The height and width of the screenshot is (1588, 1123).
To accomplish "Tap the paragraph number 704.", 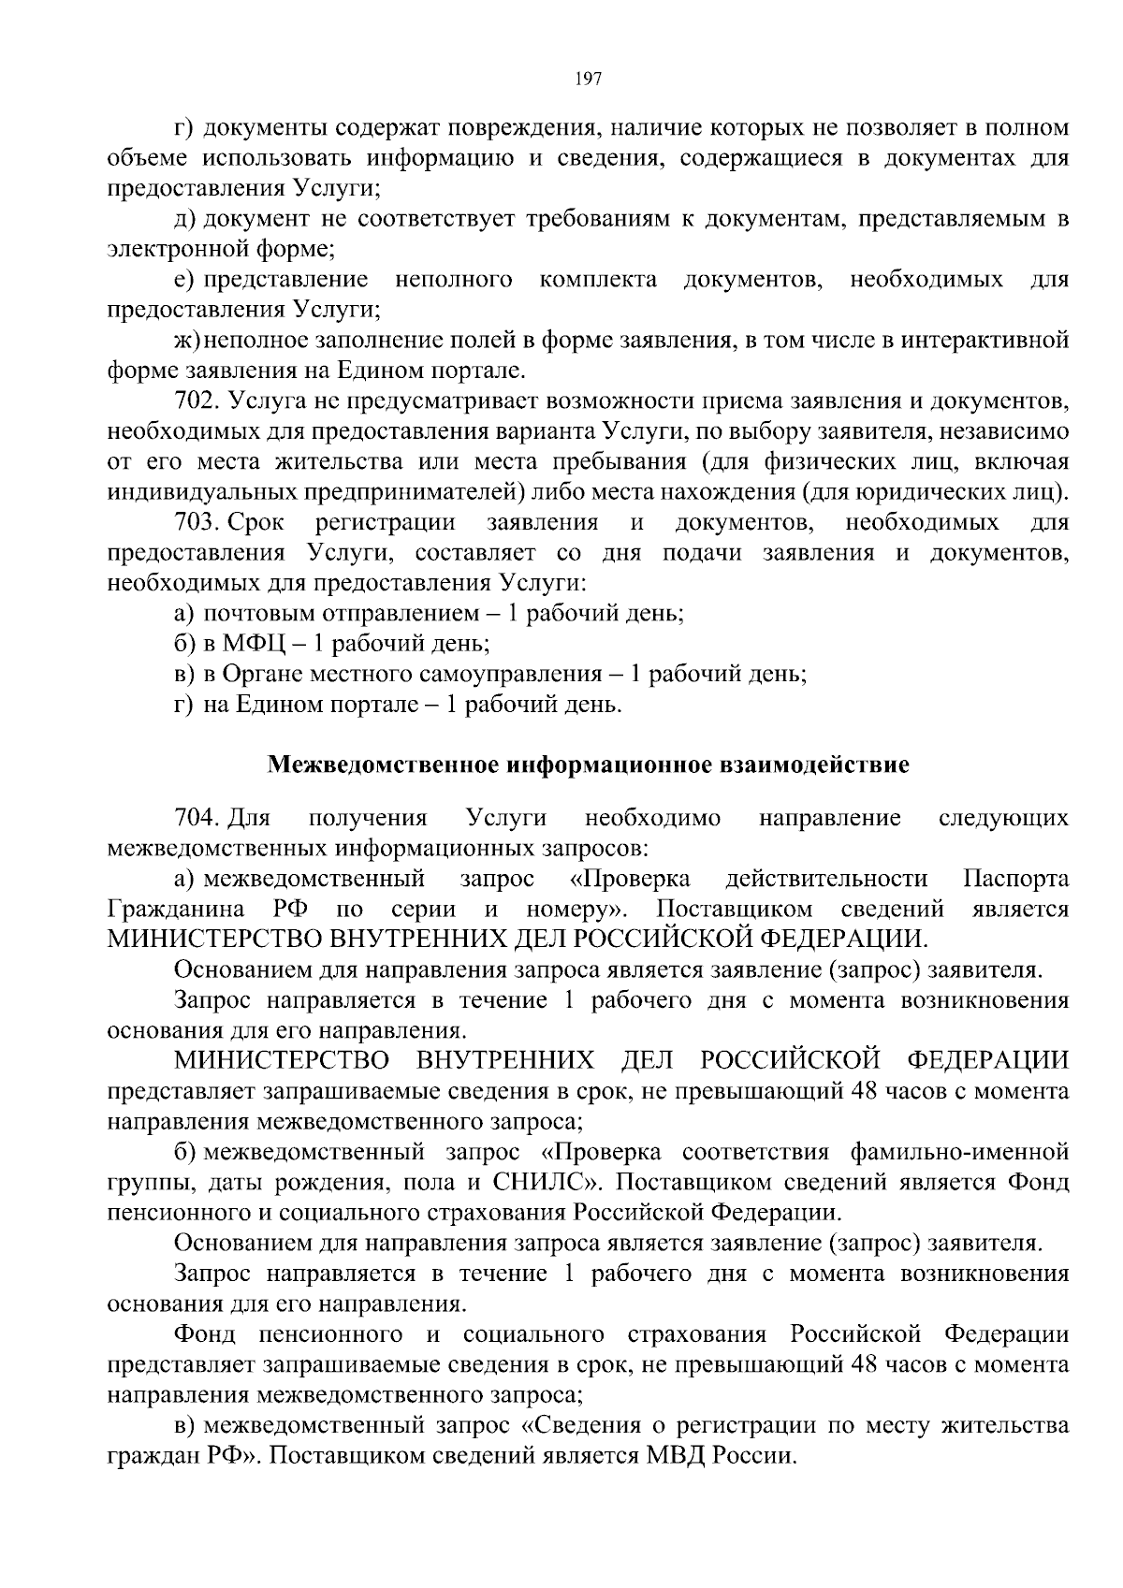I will point(196,819).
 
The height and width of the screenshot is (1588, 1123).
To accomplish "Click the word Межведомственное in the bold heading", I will point(385,765).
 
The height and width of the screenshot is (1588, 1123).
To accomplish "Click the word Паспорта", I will point(1015,880).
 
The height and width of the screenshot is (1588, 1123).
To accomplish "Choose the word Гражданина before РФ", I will point(177,910).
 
